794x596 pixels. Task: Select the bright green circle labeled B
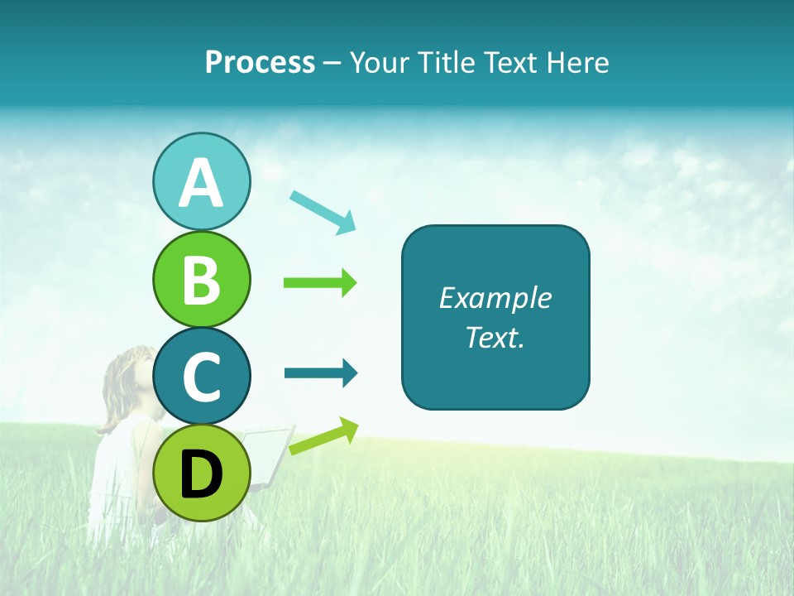tap(201, 279)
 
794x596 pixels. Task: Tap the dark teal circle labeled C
tap(201, 376)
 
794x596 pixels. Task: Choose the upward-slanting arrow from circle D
tap(323, 437)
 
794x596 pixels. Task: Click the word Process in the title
tap(260, 63)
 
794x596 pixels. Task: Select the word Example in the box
tap(495, 298)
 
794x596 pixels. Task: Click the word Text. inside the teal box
tap(495, 337)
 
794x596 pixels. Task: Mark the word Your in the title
tap(380, 63)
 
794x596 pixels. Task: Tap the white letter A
tap(201, 183)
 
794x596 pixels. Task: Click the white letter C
tap(201, 377)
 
